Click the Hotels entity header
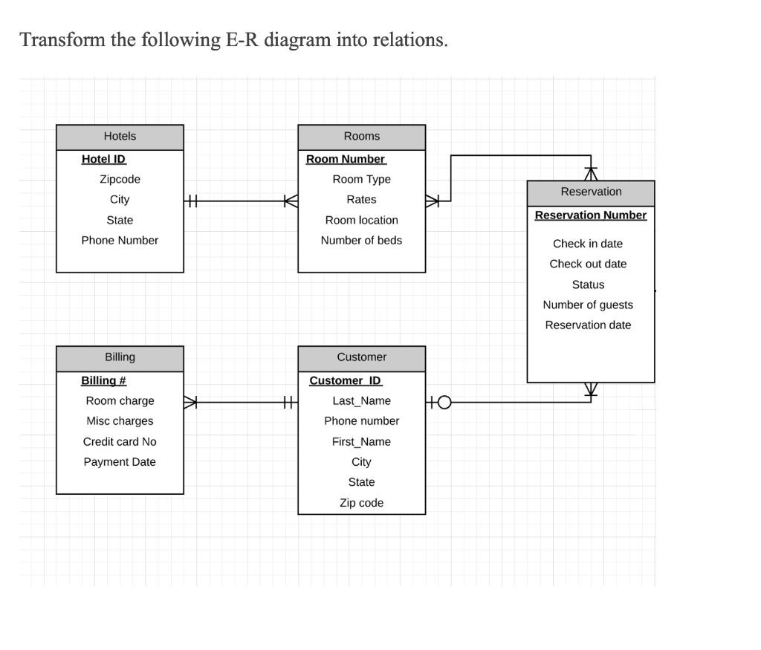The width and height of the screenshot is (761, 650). tap(120, 137)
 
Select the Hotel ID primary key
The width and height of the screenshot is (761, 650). tap(104, 159)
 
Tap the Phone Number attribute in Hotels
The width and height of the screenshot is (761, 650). tap(120, 240)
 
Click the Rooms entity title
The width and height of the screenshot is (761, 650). tap(361, 137)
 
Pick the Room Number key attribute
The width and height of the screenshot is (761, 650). tap(346, 159)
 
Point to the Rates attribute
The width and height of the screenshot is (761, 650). tap(361, 199)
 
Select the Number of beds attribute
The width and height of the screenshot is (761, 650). tap(361, 240)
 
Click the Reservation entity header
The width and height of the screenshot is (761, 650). tap(591, 192)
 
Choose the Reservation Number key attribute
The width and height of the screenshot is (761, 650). tap(591, 215)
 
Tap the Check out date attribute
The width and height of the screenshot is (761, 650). tap(588, 264)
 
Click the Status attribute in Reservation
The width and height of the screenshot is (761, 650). tap(588, 285)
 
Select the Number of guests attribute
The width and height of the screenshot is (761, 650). tap(588, 305)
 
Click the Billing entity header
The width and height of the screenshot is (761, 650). tap(120, 357)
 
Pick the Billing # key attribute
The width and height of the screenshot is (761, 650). tap(103, 380)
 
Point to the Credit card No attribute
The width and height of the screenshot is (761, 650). tap(120, 441)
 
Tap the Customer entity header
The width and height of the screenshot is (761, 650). tap(361, 357)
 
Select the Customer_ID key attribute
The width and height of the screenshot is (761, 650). tap(346, 380)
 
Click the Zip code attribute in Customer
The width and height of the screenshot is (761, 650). tap(361, 503)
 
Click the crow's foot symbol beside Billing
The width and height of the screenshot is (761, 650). tap(191, 402)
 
